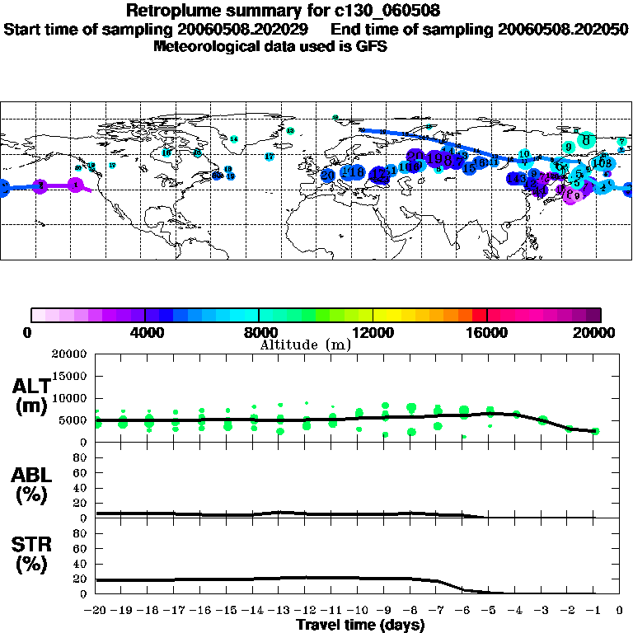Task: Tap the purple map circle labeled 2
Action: click(x=40, y=186)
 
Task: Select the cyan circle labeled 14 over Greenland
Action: click(x=234, y=139)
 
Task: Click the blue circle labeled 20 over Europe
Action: click(x=328, y=175)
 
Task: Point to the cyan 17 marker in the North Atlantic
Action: click(x=270, y=157)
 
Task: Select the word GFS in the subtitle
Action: click(x=370, y=46)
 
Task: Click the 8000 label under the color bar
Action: click(x=259, y=332)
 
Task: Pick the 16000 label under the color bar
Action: click(x=487, y=332)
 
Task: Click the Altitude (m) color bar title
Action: click(x=305, y=345)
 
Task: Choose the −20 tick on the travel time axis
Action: click(x=96, y=612)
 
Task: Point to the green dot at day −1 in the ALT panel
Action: click(x=595, y=431)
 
